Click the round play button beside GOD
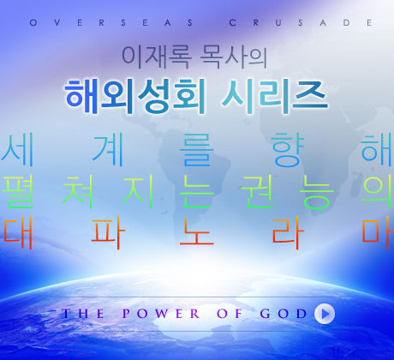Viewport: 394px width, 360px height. click(325, 314)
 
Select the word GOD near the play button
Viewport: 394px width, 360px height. click(284, 314)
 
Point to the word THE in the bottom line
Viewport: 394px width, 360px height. click(83, 314)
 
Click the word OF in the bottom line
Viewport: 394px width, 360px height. click(230, 314)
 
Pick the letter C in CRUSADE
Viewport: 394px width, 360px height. click(233, 22)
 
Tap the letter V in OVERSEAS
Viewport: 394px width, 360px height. click(57, 22)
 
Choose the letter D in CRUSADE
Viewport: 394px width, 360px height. click(346, 22)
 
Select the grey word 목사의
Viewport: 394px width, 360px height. click(234, 57)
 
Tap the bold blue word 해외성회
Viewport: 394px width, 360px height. click(135, 97)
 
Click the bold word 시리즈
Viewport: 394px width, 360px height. click(274, 97)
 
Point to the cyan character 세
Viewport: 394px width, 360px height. click(18, 149)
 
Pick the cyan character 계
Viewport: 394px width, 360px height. click(108, 149)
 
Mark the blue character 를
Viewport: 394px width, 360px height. click(197, 149)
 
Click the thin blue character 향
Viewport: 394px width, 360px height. click(288, 149)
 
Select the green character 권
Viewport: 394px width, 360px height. click(257, 191)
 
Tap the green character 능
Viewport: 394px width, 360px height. click(318, 192)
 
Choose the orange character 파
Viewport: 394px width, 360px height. click(108, 233)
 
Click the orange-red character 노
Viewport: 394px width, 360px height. click(197, 232)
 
